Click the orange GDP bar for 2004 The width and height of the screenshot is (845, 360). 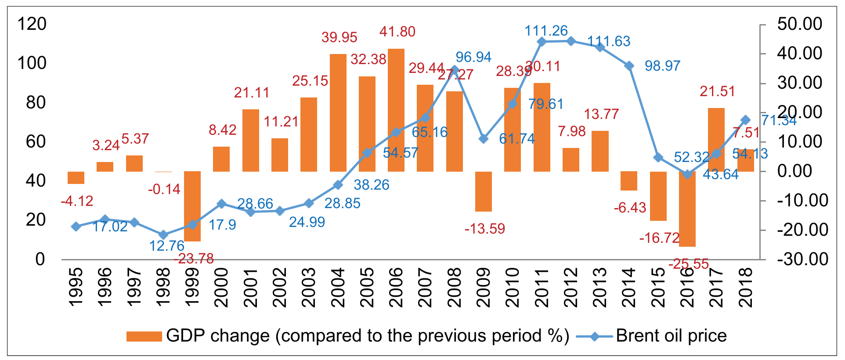point(338,113)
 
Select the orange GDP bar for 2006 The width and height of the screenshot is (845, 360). point(396,110)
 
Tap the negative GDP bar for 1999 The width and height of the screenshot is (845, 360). point(192,206)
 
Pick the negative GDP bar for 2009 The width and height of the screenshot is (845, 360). point(484,191)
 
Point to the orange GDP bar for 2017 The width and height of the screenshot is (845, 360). point(716,140)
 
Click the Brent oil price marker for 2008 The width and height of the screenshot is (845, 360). point(455,70)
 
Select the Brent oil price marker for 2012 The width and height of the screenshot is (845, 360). point(571,41)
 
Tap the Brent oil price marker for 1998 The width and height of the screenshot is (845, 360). point(163,235)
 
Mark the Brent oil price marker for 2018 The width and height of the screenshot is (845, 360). point(745,120)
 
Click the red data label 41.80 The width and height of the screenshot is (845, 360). point(397,32)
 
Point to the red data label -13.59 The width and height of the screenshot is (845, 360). point(485,229)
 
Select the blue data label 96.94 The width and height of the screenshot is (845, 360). point(473,57)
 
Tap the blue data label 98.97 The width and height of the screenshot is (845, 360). point(662,66)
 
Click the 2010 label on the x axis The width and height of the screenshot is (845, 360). point(513,288)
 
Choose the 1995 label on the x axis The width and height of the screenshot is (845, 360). point(76,288)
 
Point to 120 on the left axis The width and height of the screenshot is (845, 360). point(32,24)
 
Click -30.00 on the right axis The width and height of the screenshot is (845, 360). point(802,259)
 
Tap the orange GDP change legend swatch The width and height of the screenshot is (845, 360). point(144,336)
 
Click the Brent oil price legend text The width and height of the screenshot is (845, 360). point(671,336)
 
